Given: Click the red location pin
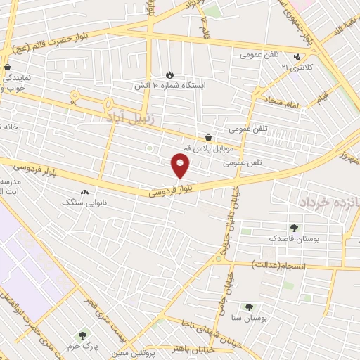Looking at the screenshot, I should tap(181, 166).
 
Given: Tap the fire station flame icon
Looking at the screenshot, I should tap(169, 75).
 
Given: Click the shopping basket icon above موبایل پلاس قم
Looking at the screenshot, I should tap(208, 138).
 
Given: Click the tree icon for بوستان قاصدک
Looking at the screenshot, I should tap(294, 228).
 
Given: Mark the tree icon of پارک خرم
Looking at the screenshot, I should tap(83, 336).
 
